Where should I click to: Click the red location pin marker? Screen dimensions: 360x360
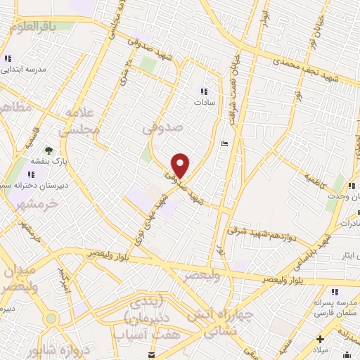click(181, 165)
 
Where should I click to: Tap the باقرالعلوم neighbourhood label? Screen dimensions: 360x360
click(41, 26)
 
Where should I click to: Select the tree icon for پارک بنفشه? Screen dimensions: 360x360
click(49, 150)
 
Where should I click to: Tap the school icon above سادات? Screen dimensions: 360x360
click(204, 91)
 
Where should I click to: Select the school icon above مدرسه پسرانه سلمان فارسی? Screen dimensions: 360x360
click(335, 292)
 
